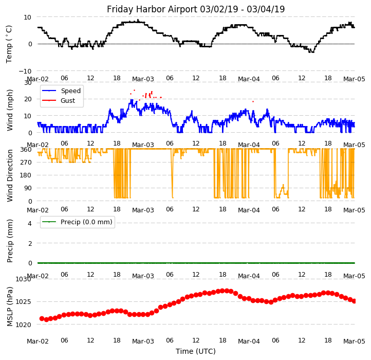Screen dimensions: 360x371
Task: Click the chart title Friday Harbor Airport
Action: click(196, 9)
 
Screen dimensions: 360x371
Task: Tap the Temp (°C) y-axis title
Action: click(9, 44)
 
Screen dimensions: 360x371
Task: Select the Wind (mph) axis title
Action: click(10, 110)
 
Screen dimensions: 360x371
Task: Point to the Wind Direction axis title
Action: click(10, 175)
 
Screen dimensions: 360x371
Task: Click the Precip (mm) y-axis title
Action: click(10, 241)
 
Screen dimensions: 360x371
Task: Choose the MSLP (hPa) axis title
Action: click(10, 307)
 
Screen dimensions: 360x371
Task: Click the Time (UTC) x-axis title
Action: click(196, 351)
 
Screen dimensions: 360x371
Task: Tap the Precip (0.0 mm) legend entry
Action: click(82, 222)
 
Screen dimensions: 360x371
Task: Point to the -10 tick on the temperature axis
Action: click(25, 71)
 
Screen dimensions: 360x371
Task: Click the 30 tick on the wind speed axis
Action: click(28, 83)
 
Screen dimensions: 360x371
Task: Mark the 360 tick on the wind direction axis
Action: click(26, 149)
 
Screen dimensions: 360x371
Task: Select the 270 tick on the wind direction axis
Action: click(26, 162)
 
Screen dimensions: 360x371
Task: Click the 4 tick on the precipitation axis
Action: click(30, 223)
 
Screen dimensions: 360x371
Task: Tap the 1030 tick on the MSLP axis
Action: click(23, 279)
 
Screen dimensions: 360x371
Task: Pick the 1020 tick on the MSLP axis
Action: click(23, 325)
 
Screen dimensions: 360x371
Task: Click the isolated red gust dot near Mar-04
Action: click(253, 101)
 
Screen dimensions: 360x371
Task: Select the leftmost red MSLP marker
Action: click(42, 318)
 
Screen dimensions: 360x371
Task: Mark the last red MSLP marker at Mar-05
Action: click(354, 301)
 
